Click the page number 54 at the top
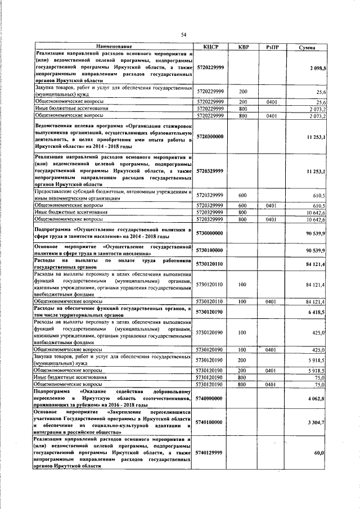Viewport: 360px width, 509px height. tap(183, 35)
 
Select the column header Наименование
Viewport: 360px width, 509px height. tap(114, 46)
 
